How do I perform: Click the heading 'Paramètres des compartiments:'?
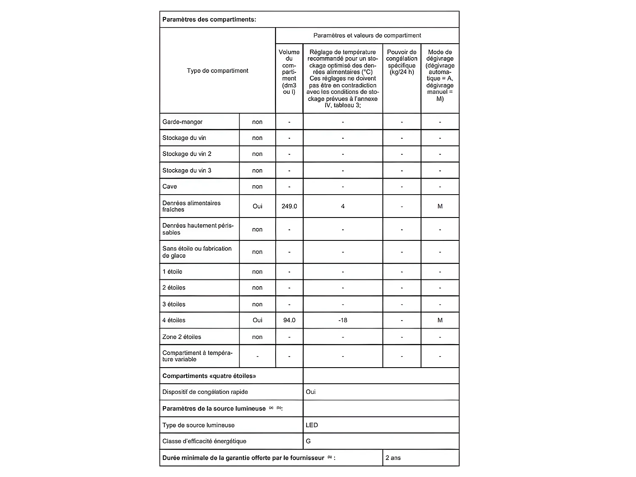point(209,20)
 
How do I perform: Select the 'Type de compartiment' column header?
point(218,70)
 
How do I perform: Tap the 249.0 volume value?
point(289,206)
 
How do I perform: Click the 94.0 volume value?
point(289,321)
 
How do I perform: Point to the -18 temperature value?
point(343,321)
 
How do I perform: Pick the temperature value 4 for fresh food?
point(343,206)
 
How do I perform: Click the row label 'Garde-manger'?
point(182,122)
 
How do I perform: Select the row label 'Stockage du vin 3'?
point(187,170)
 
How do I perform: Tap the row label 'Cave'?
point(170,187)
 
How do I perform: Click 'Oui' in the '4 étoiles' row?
point(257,321)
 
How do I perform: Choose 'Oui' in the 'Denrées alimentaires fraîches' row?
point(257,206)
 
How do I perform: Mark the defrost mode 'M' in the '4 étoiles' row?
point(440,321)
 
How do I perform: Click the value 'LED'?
point(312,425)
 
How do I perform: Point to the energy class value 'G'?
point(308,441)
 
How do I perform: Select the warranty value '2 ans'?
point(393,458)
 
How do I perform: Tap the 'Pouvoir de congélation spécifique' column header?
point(402,62)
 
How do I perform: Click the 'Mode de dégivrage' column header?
point(440,75)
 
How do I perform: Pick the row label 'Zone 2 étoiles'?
point(181,337)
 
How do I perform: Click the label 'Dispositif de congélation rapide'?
point(205,392)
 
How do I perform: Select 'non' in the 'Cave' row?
point(257,187)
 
